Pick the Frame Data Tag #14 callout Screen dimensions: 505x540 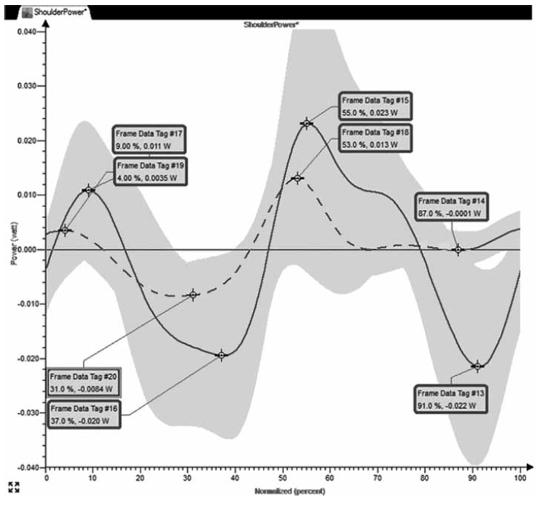448,206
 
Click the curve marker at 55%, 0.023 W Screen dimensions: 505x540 307,123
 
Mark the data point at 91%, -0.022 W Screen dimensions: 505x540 477,366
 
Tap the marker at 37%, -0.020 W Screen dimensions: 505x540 222,355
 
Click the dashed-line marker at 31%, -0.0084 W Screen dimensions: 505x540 193,294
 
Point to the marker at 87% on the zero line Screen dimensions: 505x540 458,250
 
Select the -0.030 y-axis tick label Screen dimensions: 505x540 25,412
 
